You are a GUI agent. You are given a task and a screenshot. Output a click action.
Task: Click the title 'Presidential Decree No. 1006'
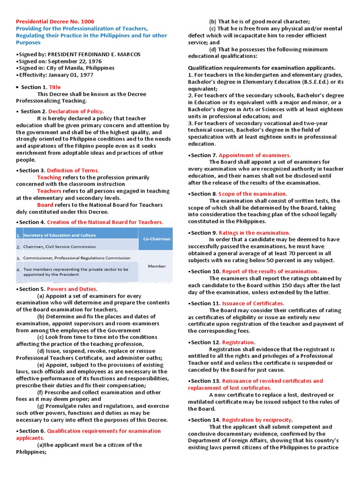(x=55, y=22)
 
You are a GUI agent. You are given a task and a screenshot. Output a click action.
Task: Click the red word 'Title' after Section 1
(x=55, y=87)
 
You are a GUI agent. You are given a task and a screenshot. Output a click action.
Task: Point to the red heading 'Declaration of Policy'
(x=75, y=112)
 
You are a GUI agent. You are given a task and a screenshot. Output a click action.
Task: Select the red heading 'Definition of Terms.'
(x=73, y=171)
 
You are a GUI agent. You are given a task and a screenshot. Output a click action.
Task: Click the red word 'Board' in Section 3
(x=45, y=205)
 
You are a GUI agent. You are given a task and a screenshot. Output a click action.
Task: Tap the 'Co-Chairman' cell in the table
(x=156, y=239)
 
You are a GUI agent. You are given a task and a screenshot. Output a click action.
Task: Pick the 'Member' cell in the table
(x=157, y=266)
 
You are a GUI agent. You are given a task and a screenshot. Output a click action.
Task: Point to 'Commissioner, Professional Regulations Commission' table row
(x=77, y=258)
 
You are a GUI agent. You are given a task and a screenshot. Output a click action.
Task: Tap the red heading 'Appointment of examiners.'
(x=255, y=155)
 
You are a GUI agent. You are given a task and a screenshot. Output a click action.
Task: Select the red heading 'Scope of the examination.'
(x=253, y=194)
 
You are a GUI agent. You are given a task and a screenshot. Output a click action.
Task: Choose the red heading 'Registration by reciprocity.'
(x=257, y=420)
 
